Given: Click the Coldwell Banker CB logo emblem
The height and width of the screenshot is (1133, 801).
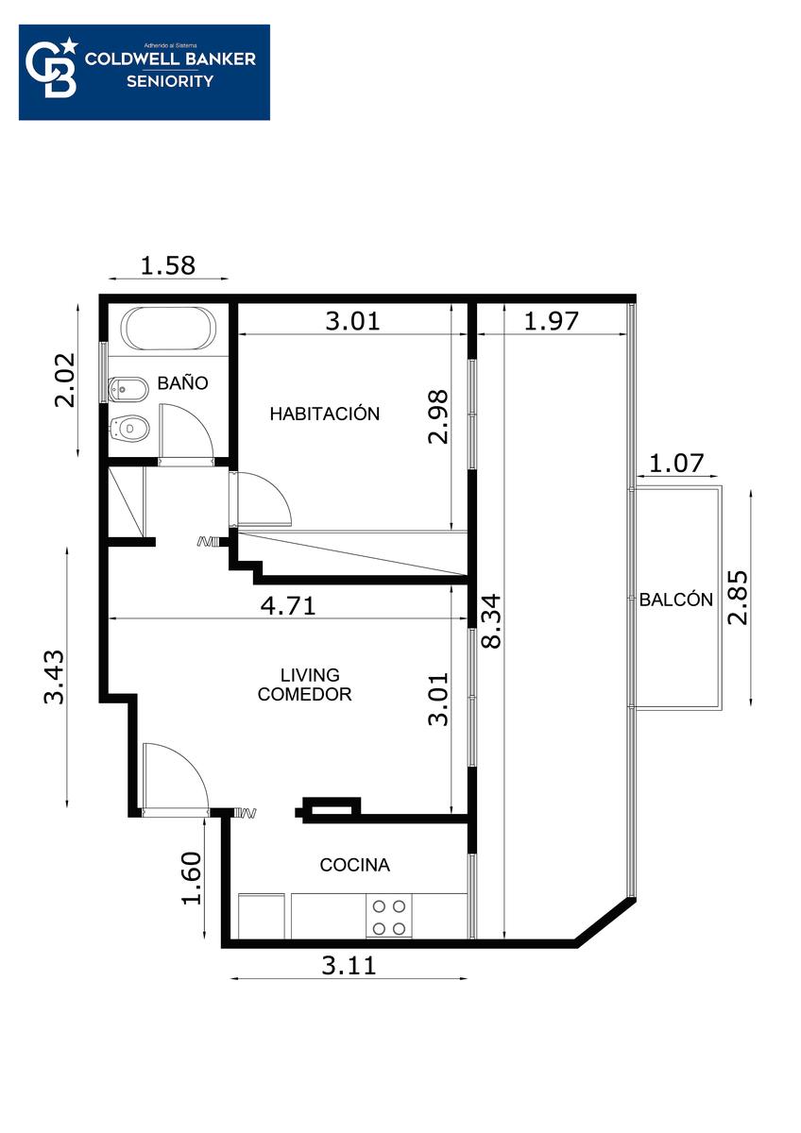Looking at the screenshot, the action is pos(52,68).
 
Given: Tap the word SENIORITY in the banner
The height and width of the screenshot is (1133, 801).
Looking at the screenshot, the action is pos(170,81).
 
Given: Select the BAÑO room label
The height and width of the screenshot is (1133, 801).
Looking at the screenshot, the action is pos(182,382).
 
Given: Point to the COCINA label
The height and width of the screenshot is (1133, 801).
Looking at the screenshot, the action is pos(355,865).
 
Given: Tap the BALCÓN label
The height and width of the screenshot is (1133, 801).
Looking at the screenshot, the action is pos(676,599).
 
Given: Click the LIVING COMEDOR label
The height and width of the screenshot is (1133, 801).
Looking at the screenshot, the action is pos(304,685).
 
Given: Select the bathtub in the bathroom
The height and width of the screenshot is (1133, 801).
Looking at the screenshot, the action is pos(168,328).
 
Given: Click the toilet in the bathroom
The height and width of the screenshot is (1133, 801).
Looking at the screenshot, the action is pos(129,429).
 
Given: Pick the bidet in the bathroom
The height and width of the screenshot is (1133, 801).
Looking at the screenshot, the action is pos(128,388).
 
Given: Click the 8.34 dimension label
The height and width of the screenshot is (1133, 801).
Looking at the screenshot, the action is pos(491,620).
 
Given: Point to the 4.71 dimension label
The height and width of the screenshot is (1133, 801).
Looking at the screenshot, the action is pos(288,605).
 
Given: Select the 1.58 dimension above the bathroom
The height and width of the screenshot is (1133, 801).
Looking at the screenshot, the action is pos(167,265).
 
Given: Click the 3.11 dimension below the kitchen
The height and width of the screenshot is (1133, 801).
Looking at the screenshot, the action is pos(349,965).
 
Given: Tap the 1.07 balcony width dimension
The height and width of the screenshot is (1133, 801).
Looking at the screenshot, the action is pos(676,463).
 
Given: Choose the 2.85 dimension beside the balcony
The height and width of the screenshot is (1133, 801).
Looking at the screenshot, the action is pos(738,597).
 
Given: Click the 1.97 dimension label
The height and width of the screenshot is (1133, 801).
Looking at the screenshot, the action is pos(551,321).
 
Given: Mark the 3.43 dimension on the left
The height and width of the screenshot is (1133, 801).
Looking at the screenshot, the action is pos(54,677).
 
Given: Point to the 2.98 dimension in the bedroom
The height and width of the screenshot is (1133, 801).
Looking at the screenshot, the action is pos(437,416).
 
